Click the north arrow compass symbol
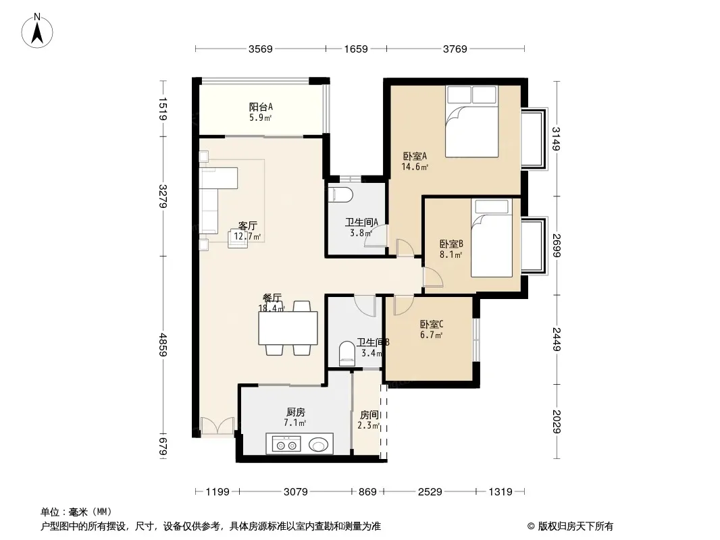(x=37, y=31)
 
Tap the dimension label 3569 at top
(x=260, y=49)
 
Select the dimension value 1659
(x=356, y=49)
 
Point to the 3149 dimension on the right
(x=556, y=138)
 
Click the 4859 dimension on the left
(x=163, y=344)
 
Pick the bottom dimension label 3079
(x=295, y=492)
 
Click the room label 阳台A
(x=261, y=107)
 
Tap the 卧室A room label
(x=415, y=156)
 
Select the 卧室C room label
(x=431, y=325)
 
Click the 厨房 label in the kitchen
(x=295, y=412)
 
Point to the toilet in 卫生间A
(x=340, y=194)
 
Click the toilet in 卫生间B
(x=347, y=353)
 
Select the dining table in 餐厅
(x=288, y=328)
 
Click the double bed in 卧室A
(x=471, y=122)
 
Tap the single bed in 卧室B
(x=491, y=238)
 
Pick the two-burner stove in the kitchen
(x=286, y=444)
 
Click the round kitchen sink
(x=318, y=444)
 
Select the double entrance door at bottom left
(x=217, y=426)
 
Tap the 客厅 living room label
(x=247, y=225)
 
